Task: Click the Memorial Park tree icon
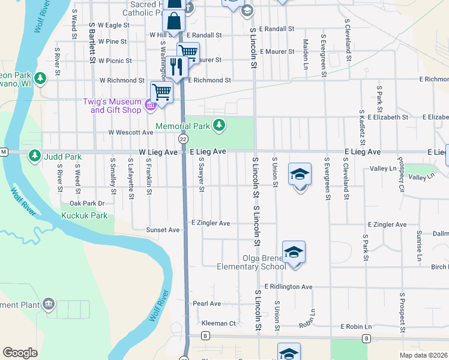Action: pos(220,125)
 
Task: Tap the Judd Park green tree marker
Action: pos(35,157)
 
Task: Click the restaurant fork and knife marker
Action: pos(176,67)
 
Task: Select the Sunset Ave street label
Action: pos(163,230)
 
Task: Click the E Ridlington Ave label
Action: pos(288,287)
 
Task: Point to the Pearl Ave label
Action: pos(206,304)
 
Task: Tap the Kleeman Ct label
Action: pos(218,323)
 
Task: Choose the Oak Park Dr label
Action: pos(87,203)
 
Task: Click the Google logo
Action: pos(20,353)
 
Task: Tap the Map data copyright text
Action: pos(424,355)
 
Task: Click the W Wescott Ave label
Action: pos(130,132)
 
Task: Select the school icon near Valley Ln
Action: pos(300,175)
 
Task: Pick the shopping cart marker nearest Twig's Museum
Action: pos(161,92)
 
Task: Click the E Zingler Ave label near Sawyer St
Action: pos(211,223)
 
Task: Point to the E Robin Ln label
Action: pos(356,327)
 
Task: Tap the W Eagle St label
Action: pos(113,25)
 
